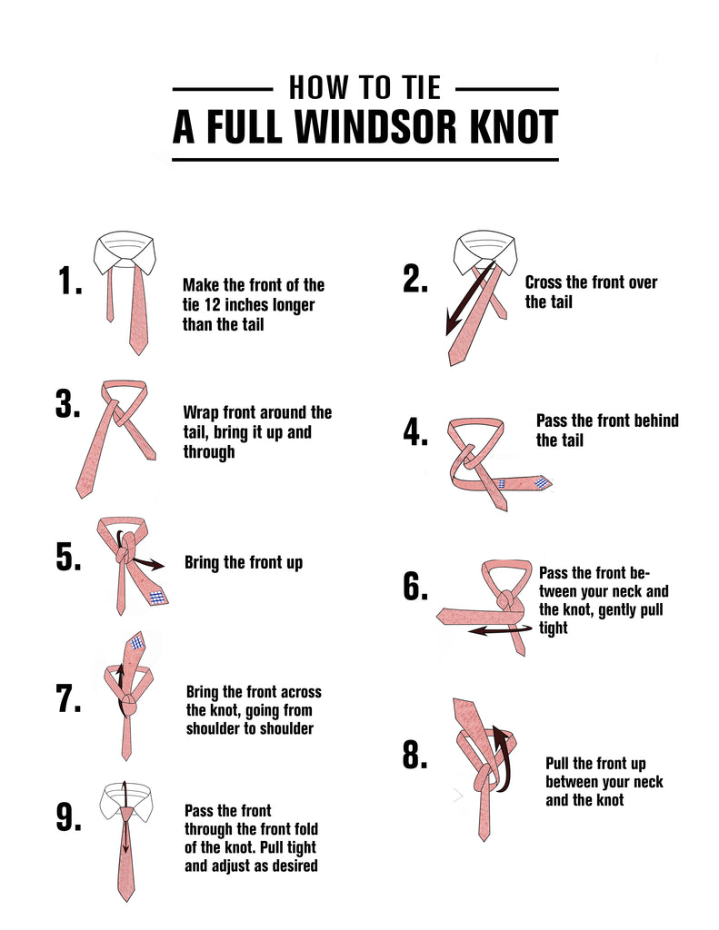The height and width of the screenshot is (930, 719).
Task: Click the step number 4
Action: (415, 431)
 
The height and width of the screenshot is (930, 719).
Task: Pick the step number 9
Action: (69, 817)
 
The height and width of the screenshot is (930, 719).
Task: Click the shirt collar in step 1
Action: (125, 253)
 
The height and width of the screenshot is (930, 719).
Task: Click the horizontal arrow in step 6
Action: (500, 629)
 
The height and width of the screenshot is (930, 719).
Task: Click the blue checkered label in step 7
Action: (138, 642)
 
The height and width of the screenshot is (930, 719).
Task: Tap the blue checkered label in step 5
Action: (156, 598)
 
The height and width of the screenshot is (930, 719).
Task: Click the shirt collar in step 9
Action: (125, 802)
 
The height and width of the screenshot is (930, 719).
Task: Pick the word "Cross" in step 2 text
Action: (543, 282)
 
